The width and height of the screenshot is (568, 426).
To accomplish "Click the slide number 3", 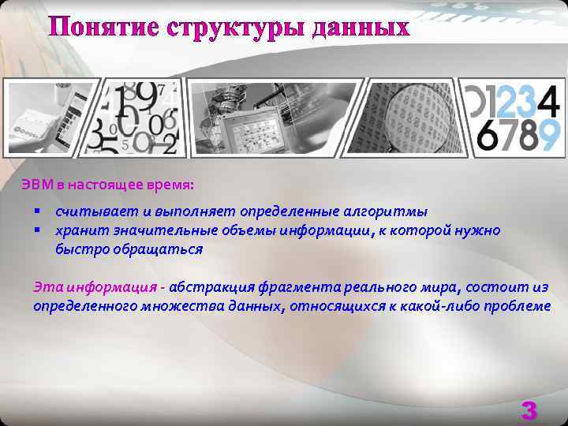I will click(529, 410).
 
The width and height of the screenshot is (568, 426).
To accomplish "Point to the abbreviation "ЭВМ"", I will click(38, 185).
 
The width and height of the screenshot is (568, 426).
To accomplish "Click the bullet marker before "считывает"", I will click(36, 211).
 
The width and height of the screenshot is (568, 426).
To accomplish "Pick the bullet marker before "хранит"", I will click(36, 230).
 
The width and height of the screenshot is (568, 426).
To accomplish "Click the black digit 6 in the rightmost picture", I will click(488, 136).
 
